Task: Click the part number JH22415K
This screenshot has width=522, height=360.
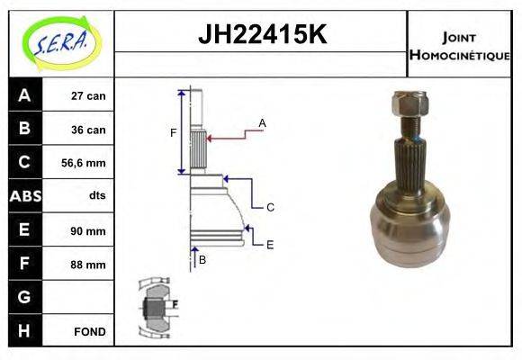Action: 261,35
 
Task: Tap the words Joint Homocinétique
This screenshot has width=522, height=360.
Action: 459,46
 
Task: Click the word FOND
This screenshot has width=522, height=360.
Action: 90,331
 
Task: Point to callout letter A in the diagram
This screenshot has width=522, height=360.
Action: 262,122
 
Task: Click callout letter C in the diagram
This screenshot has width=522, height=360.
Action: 270,207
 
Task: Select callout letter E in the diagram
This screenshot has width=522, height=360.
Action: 270,244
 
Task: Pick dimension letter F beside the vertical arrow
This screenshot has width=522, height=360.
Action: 173,133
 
